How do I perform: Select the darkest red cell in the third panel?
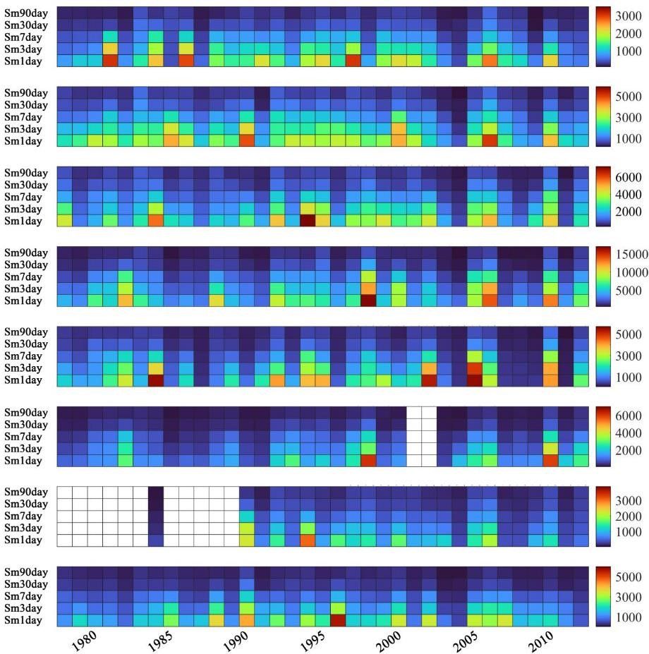(x=308, y=221)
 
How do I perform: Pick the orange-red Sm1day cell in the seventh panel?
(x=308, y=540)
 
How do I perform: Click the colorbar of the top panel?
(x=605, y=37)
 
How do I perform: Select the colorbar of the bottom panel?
(x=605, y=596)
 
